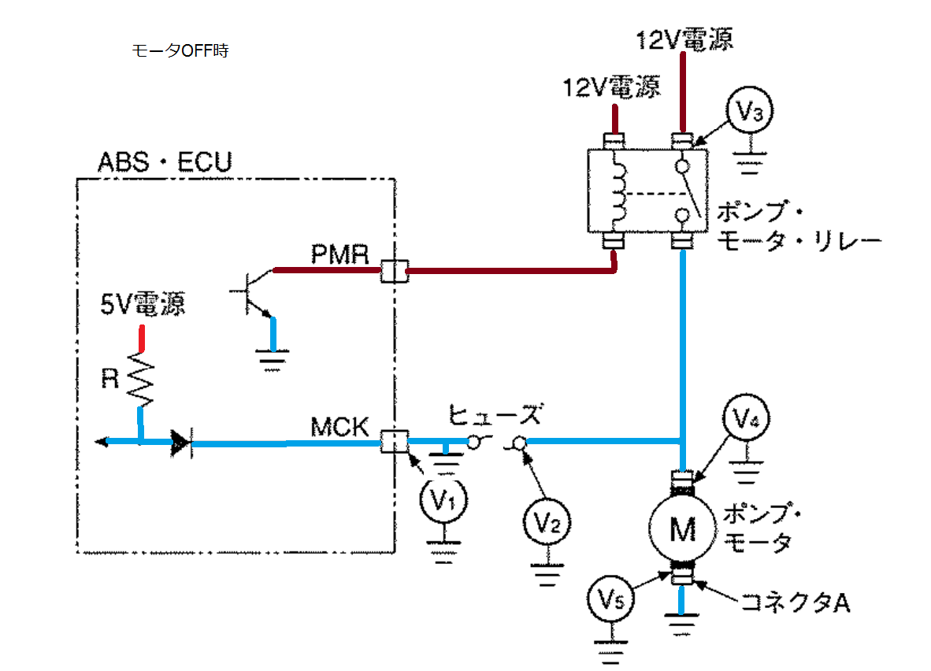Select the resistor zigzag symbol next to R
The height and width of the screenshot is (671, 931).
tap(141, 379)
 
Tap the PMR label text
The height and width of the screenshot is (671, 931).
tap(339, 254)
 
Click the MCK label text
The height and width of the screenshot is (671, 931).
tap(339, 427)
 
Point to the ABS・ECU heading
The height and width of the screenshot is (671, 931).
tap(165, 161)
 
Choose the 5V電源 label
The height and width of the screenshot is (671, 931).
tap(143, 303)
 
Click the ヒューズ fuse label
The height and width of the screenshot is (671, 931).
tap(495, 414)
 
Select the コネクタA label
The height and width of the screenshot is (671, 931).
tap(796, 602)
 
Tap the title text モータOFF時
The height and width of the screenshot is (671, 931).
tap(180, 50)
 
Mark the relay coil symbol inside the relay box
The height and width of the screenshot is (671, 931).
tap(618, 192)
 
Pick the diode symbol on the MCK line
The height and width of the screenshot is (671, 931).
tap(181, 443)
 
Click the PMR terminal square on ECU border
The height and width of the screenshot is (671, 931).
tap(395, 271)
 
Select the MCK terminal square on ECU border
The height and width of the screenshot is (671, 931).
tap(395, 441)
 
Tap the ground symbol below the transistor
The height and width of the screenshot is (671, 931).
tap(273, 360)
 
